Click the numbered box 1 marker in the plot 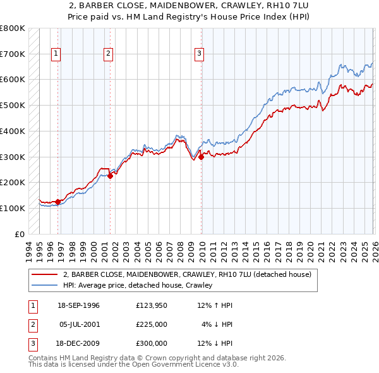56,54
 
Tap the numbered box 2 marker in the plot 108,54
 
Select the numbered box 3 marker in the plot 199,54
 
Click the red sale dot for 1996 58,202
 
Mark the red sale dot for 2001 110,176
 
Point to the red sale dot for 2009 202,157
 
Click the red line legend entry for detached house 187,275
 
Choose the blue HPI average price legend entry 137,286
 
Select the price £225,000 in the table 152,324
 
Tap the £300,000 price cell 152,343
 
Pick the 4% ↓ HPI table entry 217,324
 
